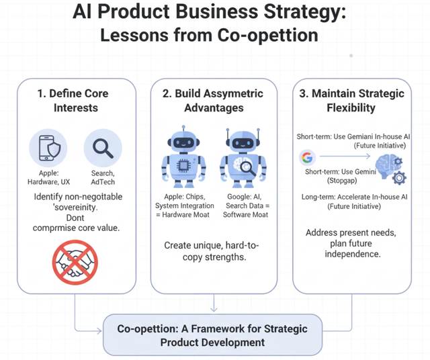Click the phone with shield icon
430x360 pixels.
tap(48, 148)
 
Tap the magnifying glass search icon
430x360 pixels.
tap(103, 148)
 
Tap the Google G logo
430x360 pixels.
tap(308, 159)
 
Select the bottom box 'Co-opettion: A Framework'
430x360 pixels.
tap(213, 335)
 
